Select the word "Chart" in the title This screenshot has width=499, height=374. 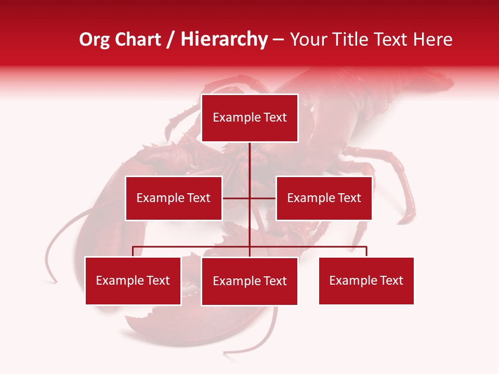click(x=139, y=39)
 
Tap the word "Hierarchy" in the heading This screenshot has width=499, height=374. click(x=224, y=39)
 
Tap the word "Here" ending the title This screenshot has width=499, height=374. click(x=433, y=39)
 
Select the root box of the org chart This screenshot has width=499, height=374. click(x=249, y=118)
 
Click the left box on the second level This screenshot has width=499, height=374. click(x=174, y=198)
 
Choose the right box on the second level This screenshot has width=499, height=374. click(x=324, y=198)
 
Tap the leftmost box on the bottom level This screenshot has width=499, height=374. click(x=133, y=280)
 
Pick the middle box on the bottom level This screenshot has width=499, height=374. click(x=249, y=281)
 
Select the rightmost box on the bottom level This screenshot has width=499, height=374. click(x=366, y=280)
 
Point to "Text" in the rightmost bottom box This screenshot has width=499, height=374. click(x=391, y=280)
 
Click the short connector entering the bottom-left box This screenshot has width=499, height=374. click(x=133, y=251)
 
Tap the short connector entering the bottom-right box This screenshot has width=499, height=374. click(x=366, y=251)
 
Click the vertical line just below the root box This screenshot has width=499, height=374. click(x=250, y=161)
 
